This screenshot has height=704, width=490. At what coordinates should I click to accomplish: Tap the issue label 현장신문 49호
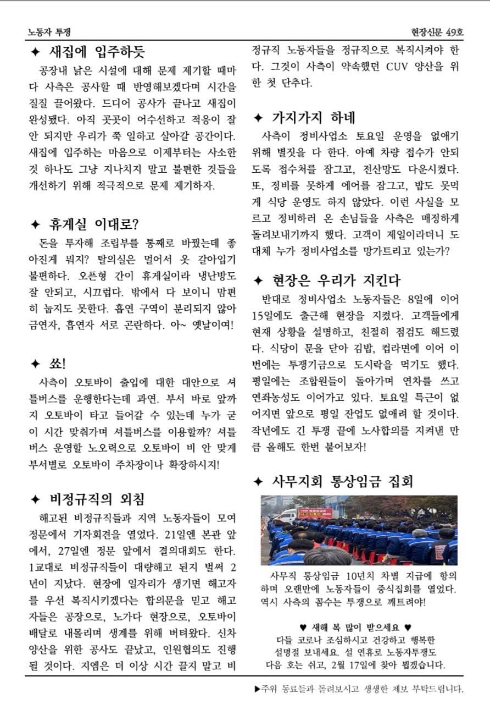(437, 32)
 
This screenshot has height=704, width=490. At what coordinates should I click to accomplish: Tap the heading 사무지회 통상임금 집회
(342, 482)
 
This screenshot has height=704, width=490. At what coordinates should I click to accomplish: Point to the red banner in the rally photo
(314, 513)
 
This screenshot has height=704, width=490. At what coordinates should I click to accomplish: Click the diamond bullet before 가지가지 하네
(259, 118)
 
